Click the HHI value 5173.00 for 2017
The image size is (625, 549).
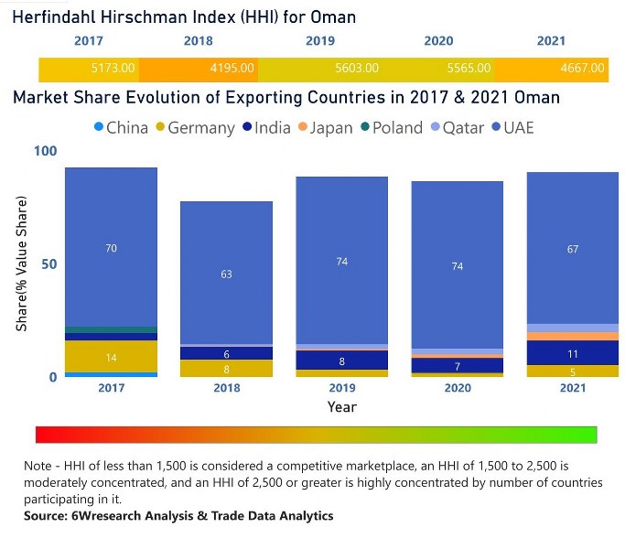(x=113, y=68)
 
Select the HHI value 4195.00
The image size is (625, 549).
(x=232, y=68)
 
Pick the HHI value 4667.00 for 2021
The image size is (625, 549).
(x=582, y=68)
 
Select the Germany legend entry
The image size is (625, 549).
(x=194, y=127)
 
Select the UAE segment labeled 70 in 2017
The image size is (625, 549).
(x=111, y=248)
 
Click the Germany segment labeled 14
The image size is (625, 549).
(x=111, y=357)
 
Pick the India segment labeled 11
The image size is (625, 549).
(x=573, y=353)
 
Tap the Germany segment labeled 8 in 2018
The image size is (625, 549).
(x=226, y=370)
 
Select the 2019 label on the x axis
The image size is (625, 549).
(x=341, y=387)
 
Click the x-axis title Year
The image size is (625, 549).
(x=341, y=406)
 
